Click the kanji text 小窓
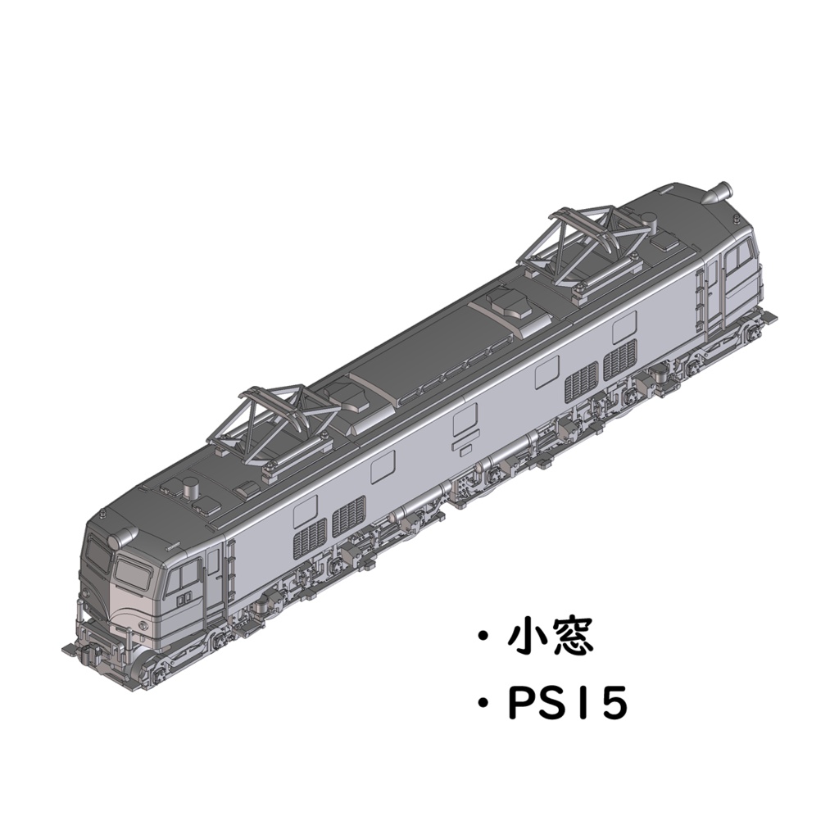[x=551, y=637]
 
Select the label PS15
[x=567, y=704]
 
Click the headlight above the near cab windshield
[x=122, y=537]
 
